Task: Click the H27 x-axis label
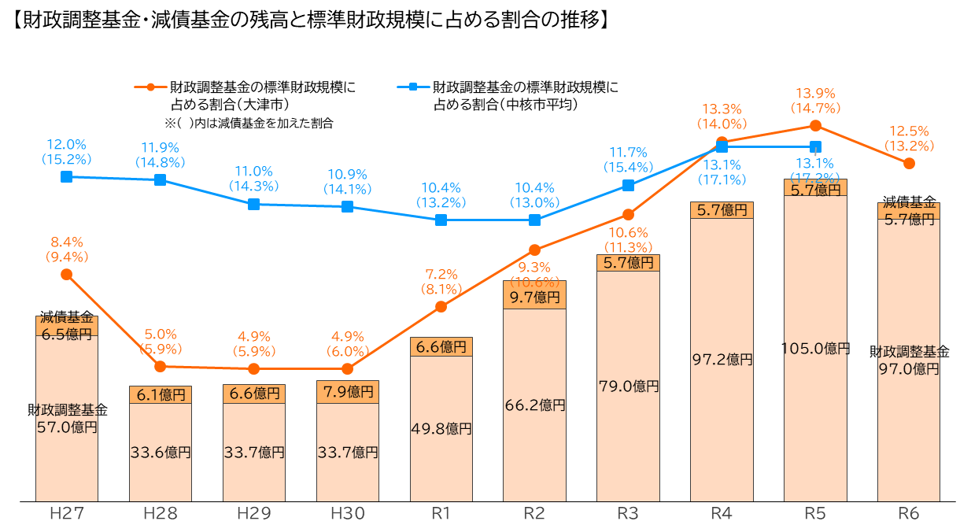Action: click(x=67, y=514)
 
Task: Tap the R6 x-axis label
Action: click(x=909, y=514)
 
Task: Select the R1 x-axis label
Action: click(x=441, y=514)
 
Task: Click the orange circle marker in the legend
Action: click(x=150, y=87)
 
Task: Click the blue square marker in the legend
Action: click(x=413, y=87)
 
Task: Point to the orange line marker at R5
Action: click(x=815, y=125)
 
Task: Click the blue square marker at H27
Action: click(x=67, y=177)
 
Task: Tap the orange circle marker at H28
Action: click(x=161, y=367)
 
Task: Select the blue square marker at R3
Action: click(x=628, y=185)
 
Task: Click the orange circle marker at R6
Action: click(x=909, y=163)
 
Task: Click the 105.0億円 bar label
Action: click(x=816, y=348)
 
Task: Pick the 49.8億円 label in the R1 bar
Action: click(x=441, y=429)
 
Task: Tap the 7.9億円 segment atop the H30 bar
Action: click(x=348, y=391)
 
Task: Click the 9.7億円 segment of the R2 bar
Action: click(x=534, y=298)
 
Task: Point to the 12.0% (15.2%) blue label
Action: click(x=67, y=152)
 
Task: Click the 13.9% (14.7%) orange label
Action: click(x=815, y=101)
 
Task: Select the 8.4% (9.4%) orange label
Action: click(x=67, y=250)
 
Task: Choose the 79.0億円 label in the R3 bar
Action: click(x=628, y=386)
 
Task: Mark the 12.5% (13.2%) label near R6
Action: click(x=909, y=139)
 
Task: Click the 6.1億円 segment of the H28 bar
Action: click(x=161, y=395)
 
